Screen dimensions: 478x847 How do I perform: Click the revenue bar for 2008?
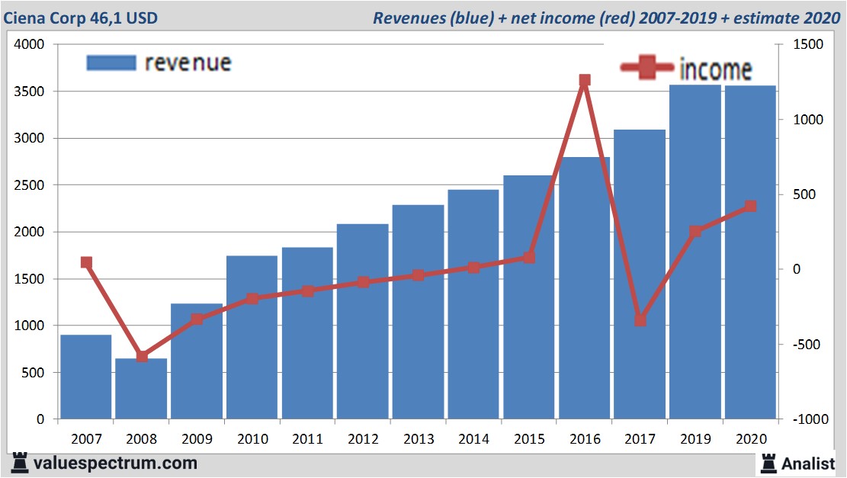(x=141, y=389)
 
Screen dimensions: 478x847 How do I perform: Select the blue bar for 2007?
(x=86, y=377)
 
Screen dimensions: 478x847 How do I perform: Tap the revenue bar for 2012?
(x=362, y=321)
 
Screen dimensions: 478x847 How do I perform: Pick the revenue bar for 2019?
(x=695, y=252)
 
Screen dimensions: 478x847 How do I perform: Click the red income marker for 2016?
(x=585, y=81)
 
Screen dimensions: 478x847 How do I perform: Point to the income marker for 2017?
(x=640, y=320)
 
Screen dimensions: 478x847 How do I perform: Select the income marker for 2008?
(x=142, y=356)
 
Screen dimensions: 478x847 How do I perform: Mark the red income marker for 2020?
(x=750, y=206)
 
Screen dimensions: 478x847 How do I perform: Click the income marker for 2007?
(x=86, y=262)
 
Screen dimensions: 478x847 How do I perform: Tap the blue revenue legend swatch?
(x=111, y=63)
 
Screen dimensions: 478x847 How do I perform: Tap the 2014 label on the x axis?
(x=473, y=439)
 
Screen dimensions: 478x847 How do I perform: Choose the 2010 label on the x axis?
(x=252, y=439)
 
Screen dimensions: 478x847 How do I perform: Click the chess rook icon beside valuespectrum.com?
(x=20, y=462)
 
